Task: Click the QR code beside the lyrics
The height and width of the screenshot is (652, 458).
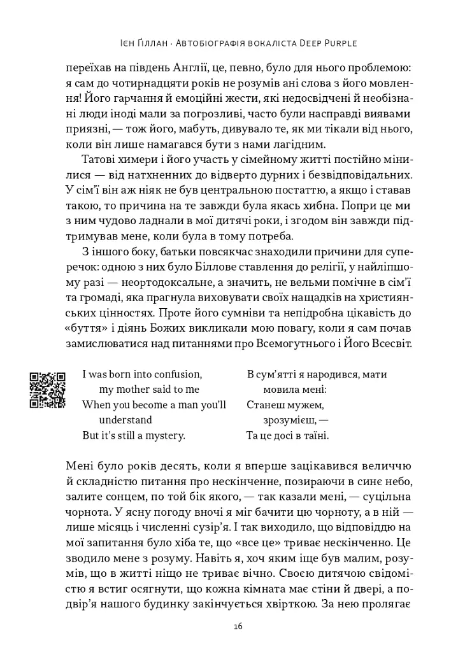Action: pos(47,390)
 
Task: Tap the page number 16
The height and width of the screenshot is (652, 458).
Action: pos(238,627)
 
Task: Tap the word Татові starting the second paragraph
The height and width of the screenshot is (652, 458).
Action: pos(99,159)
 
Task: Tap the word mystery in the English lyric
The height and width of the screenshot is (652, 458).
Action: pos(161,436)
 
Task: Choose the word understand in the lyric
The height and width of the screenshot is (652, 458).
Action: pos(126,420)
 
